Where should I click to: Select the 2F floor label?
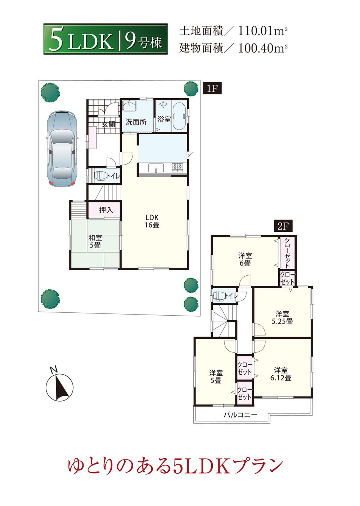(282, 226)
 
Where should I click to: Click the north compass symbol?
(59, 388)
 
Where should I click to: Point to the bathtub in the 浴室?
(179, 116)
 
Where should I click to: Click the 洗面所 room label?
(136, 122)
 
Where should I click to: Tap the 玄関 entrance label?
(108, 125)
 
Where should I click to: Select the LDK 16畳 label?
(152, 221)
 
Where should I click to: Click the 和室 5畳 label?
(95, 241)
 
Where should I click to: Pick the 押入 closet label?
(106, 210)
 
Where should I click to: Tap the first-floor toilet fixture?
(100, 176)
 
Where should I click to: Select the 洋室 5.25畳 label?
(282, 317)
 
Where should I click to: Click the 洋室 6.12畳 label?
(280, 374)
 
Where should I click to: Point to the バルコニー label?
(241, 415)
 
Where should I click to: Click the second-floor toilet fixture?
(218, 296)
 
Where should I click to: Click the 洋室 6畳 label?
(245, 259)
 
